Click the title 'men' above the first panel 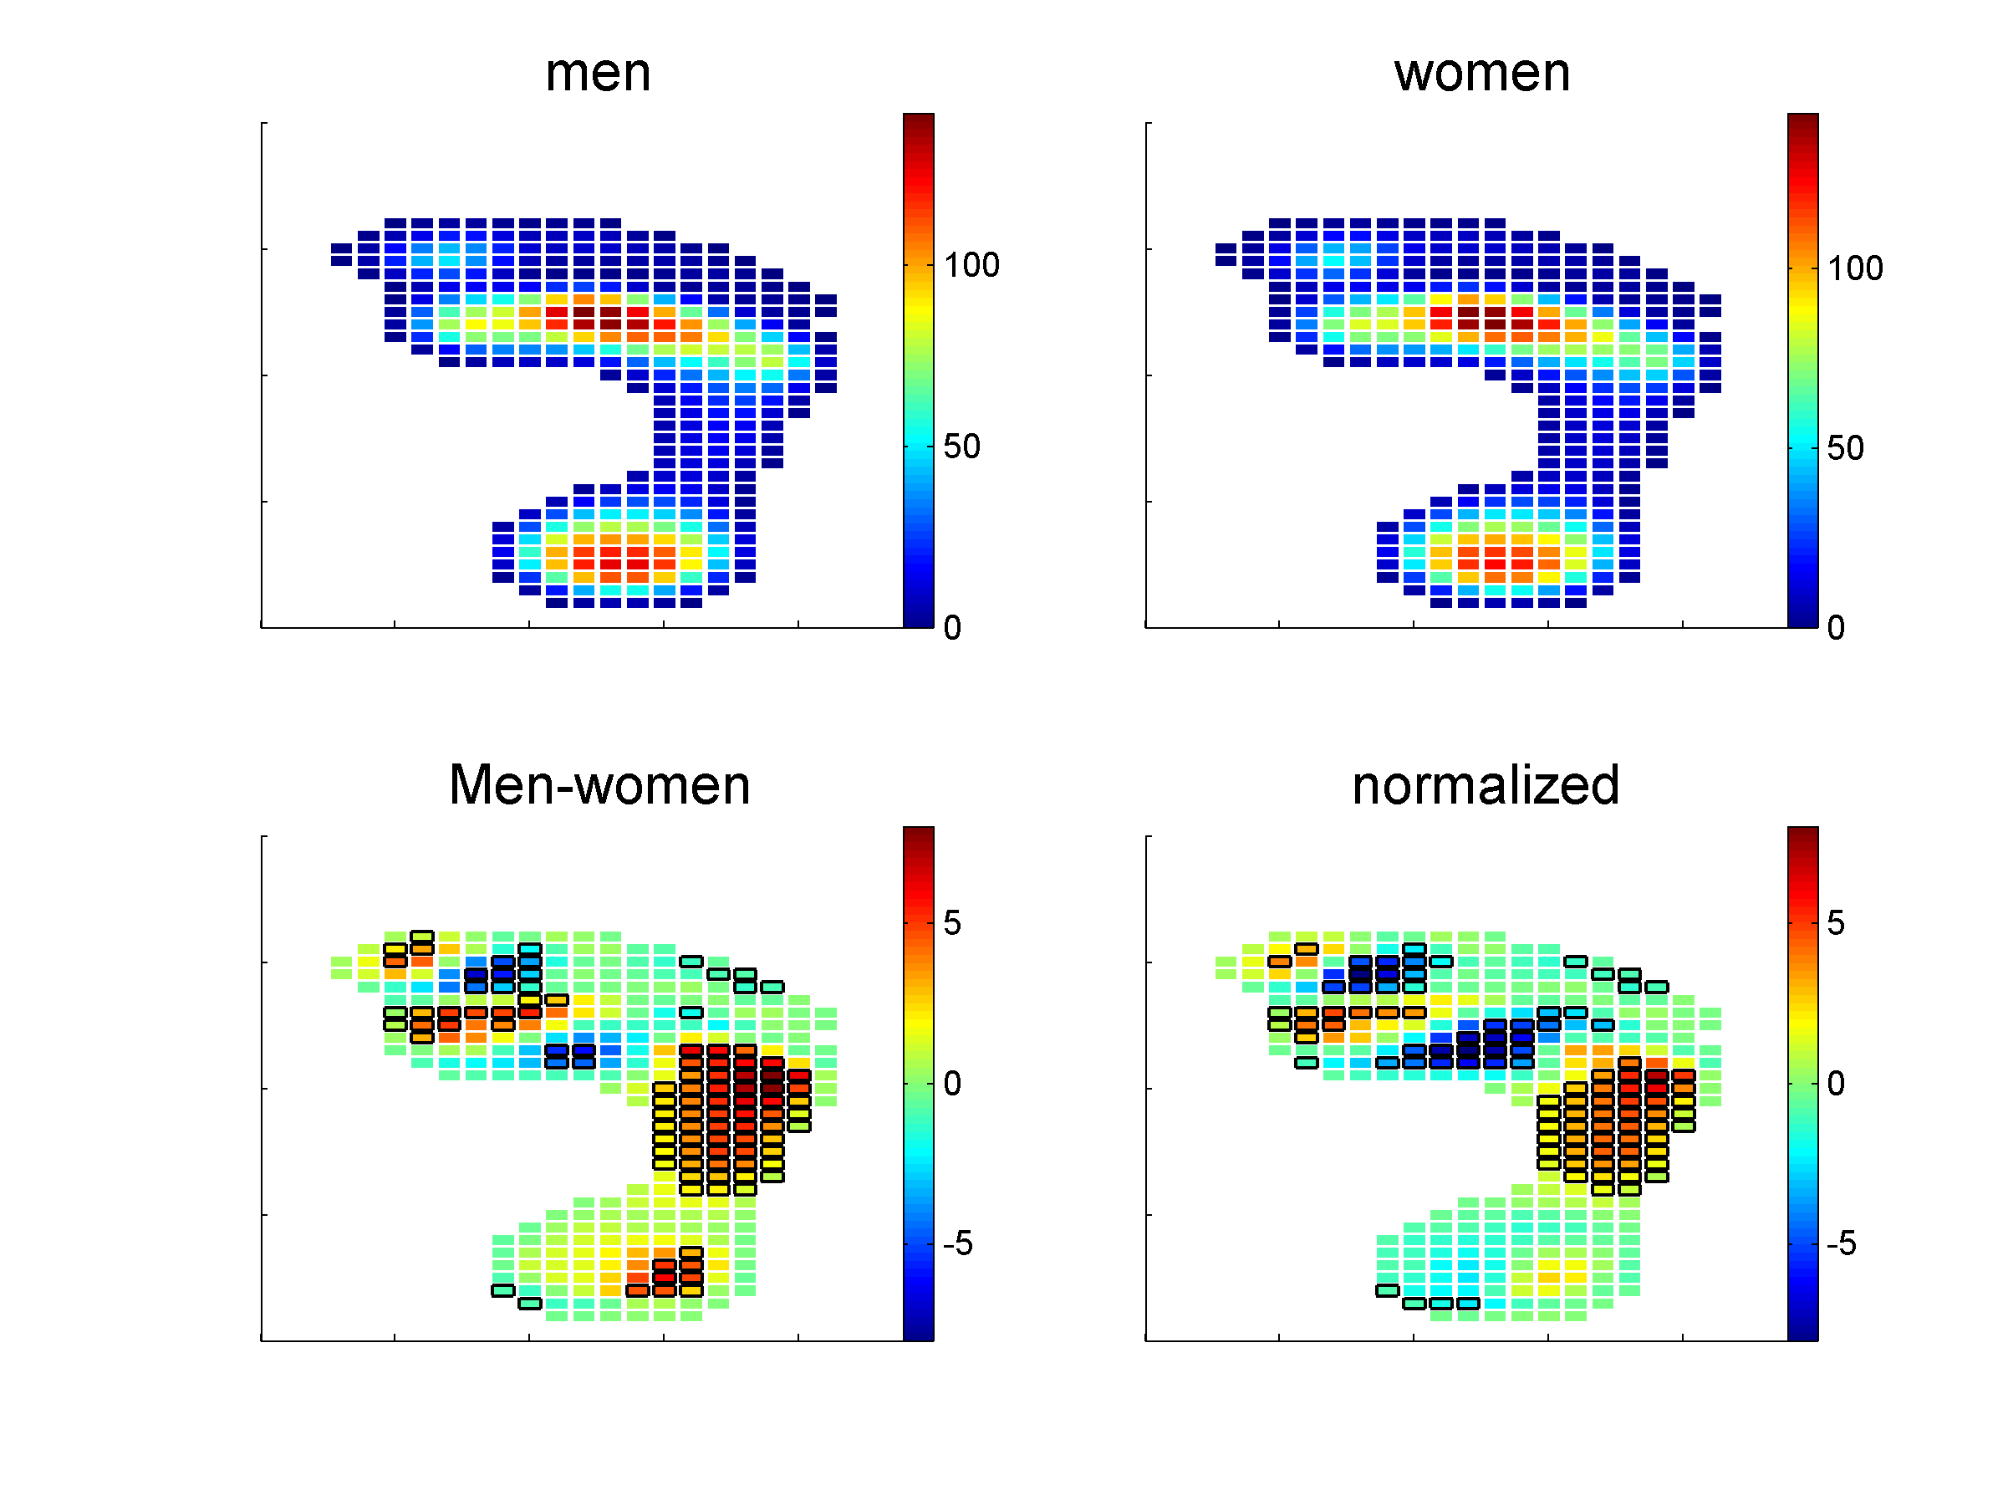click(x=598, y=73)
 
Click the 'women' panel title click(x=1481, y=73)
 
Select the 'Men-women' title click(x=599, y=785)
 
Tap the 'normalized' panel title click(x=1486, y=785)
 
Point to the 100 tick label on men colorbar click(x=971, y=266)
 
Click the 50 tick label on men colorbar click(x=961, y=447)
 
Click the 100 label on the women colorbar click(x=1854, y=268)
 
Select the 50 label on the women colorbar click(x=1845, y=448)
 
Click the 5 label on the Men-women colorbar click(x=951, y=923)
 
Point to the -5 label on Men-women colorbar click(x=957, y=1243)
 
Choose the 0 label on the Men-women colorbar click(x=951, y=1084)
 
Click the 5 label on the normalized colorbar click(x=1836, y=923)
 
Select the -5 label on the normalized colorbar click(x=1840, y=1243)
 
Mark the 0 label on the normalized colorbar click(x=1836, y=1084)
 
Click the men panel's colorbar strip click(x=918, y=370)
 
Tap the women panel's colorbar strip click(x=1802, y=370)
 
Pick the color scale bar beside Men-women click(x=918, y=1083)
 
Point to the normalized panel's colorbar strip click(x=1802, y=1083)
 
